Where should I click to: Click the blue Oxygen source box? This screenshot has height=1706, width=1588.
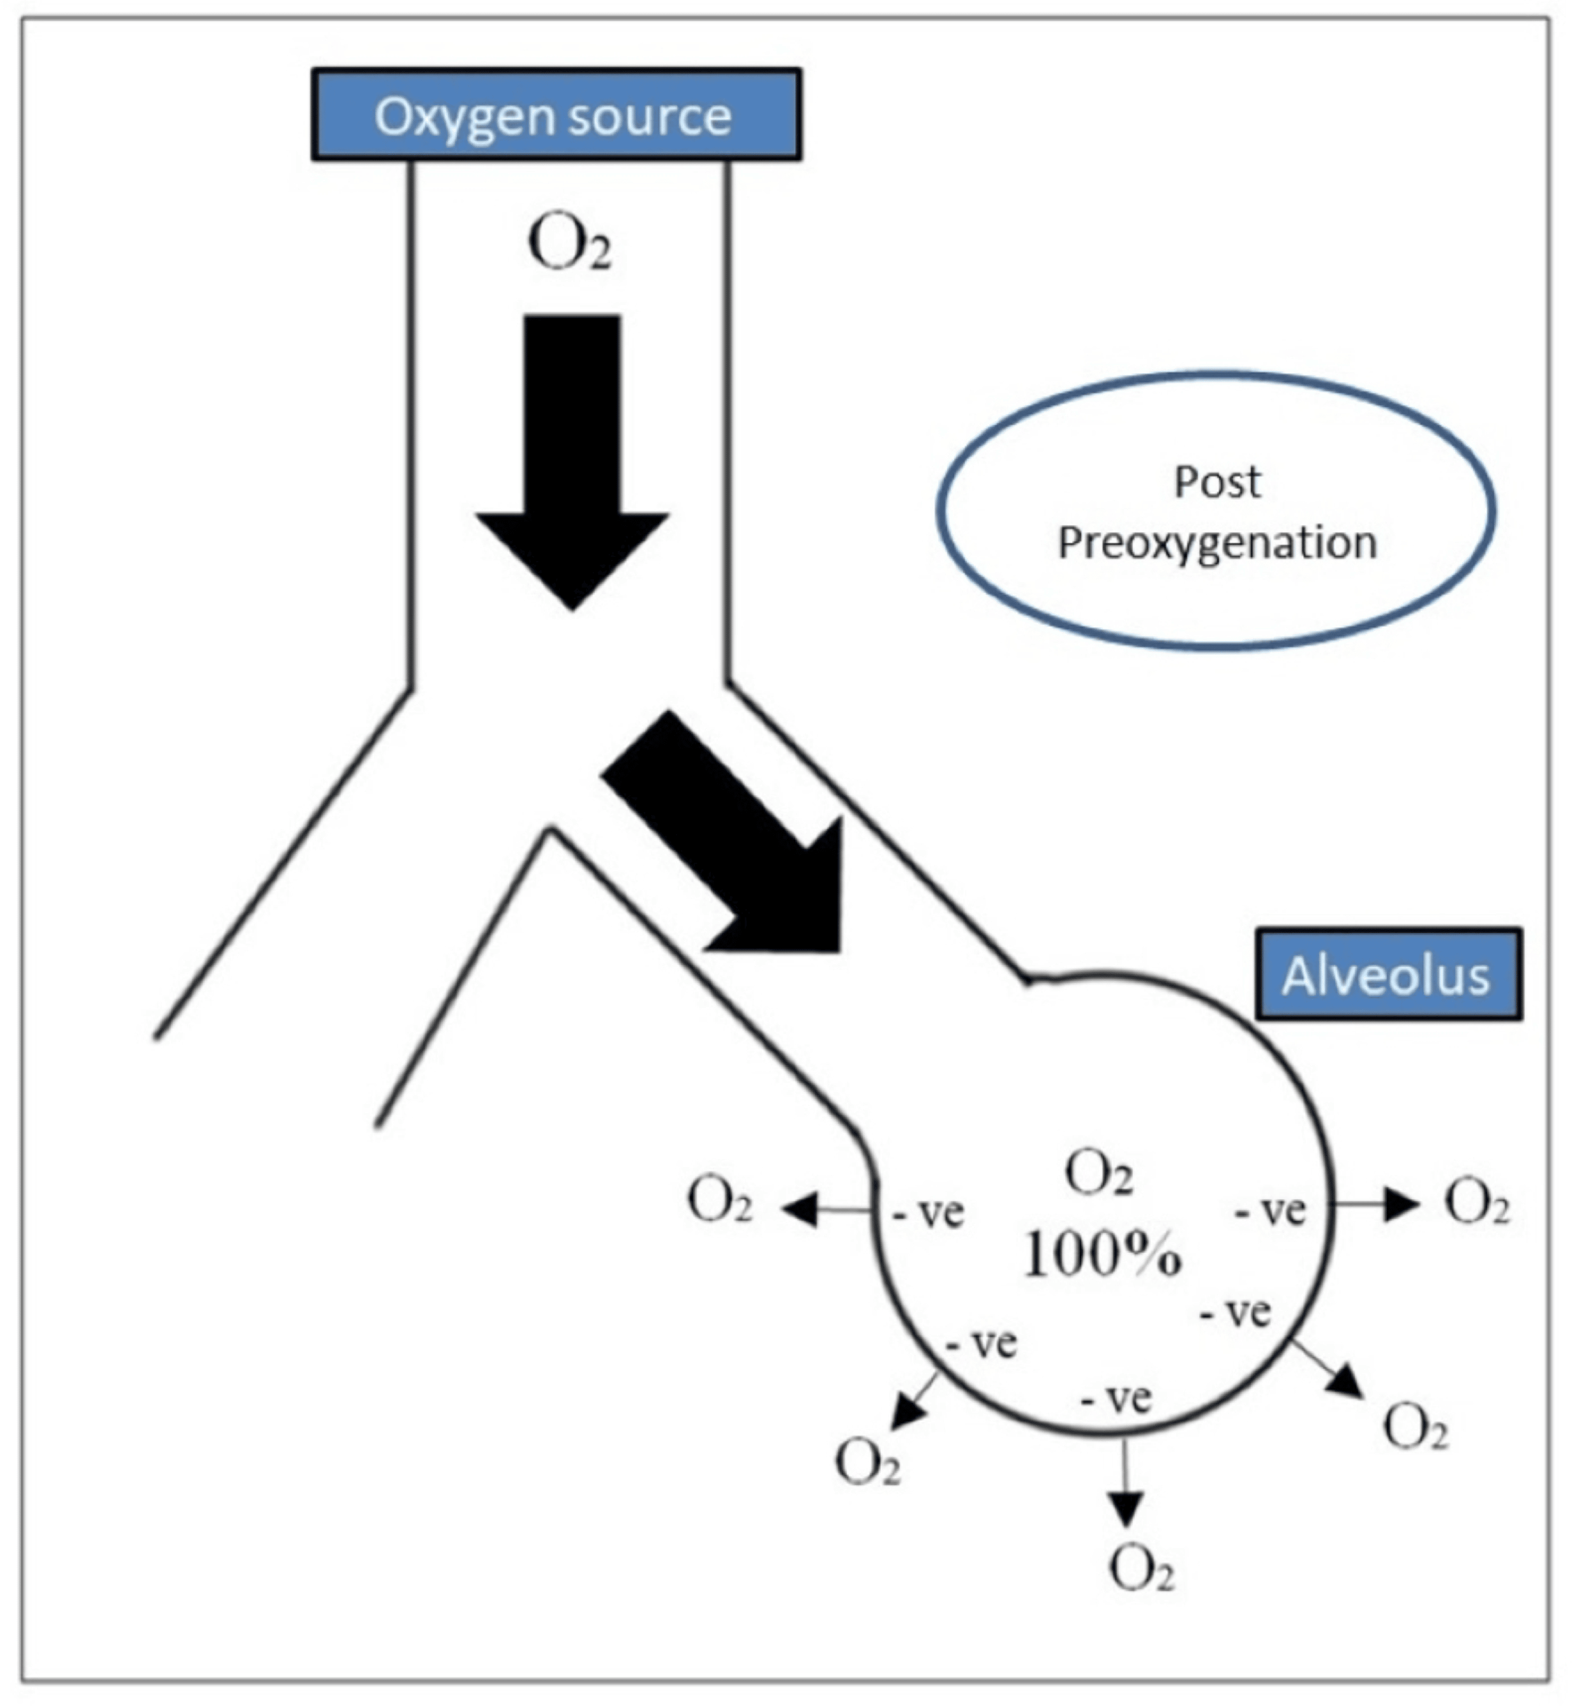pos(555,115)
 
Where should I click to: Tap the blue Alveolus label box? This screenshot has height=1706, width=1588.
pos(1387,975)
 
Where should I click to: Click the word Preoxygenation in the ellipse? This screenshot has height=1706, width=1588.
pos(1216,543)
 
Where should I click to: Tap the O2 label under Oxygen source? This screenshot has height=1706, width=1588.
pos(569,246)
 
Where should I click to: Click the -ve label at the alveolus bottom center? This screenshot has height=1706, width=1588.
pos(1116,1399)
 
